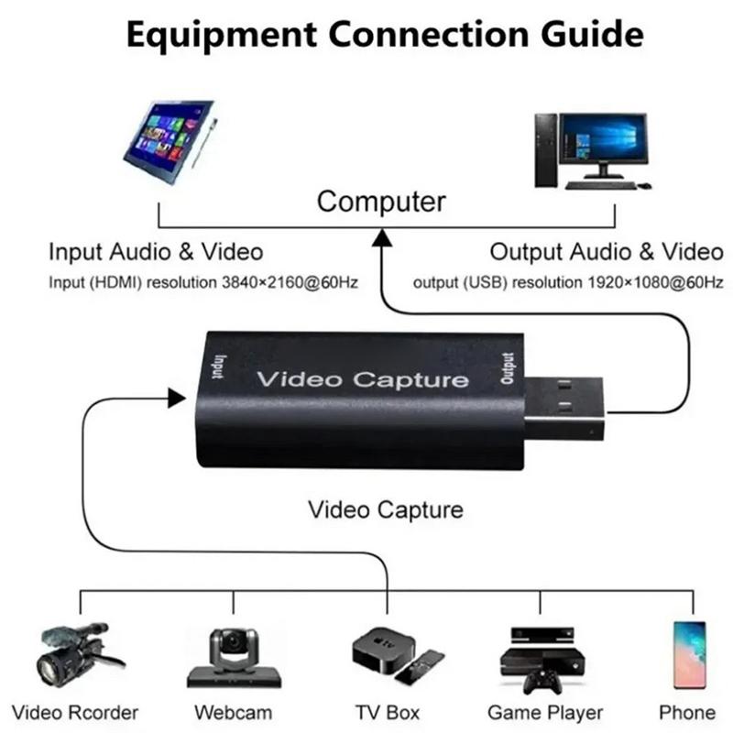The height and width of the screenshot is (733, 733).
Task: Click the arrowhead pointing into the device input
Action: pyautogui.click(x=175, y=398)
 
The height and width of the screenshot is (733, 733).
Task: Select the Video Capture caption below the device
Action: pyautogui.click(x=386, y=509)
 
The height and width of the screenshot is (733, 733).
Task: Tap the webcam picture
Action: pyautogui.click(x=233, y=656)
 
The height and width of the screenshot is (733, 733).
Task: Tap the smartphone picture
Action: pyautogui.click(x=689, y=654)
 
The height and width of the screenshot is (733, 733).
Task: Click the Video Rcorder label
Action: pyautogui.click(x=77, y=713)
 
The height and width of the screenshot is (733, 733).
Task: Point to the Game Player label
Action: pyautogui.click(x=545, y=713)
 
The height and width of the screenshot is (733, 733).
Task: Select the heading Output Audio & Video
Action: pyautogui.click(x=606, y=252)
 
